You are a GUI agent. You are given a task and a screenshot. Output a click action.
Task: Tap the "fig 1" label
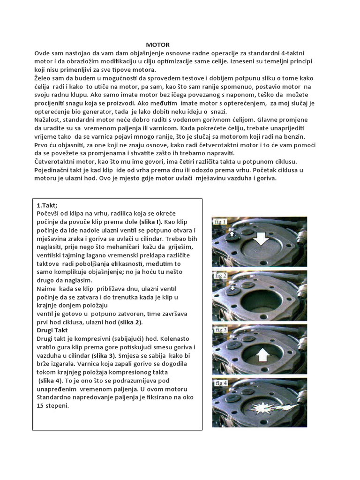(220, 222)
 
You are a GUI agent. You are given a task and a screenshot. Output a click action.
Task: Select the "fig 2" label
(220, 276)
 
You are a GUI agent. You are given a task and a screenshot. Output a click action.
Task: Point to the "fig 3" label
(220, 330)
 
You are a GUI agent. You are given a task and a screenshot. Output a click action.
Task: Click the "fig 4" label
(220, 383)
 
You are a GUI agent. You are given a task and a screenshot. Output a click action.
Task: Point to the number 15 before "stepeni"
(41, 405)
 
